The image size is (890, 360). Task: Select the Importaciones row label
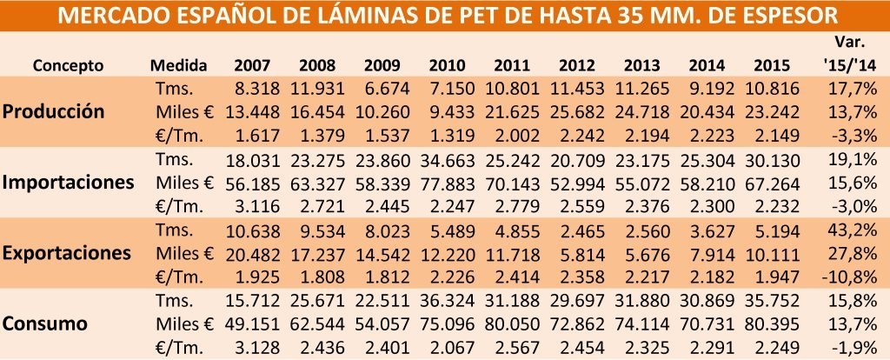[68, 183]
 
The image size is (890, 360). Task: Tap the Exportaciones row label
[67, 253]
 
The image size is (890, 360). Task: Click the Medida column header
[178, 65]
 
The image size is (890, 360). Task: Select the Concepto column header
[69, 65]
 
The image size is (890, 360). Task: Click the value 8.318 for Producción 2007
[256, 89]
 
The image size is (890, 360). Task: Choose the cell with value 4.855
[520, 230]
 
